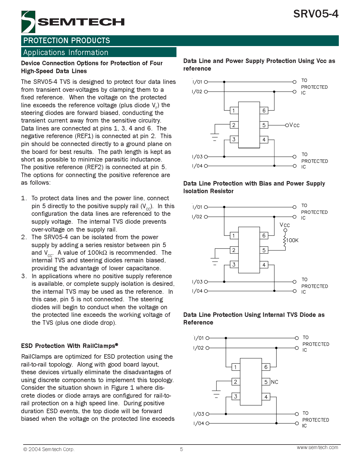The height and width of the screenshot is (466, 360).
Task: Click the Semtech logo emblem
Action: pyautogui.click(x=28, y=22)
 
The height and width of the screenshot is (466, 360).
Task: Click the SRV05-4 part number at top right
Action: pyautogui.click(x=316, y=14)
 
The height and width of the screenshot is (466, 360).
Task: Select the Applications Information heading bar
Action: pyautogui.click(x=99, y=53)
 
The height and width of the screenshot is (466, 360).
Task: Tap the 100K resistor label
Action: pyautogui.click(x=292, y=240)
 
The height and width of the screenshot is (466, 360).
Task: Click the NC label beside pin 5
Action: pyautogui.click(x=274, y=382)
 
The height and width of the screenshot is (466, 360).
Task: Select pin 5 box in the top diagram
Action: pyautogui.click(x=264, y=125)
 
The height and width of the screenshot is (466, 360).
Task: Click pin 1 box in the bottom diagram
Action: pyautogui.click(x=235, y=367)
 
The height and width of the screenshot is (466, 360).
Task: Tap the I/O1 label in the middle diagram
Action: pyautogui.click(x=197, y=207)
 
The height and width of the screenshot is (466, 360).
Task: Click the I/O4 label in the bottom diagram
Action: pyautogui.click(x=199, y=423)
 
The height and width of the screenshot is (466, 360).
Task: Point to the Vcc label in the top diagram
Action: pyautogui.click(x=294, y=125)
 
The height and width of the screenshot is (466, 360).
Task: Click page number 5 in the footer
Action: pyautogui.click(x=182, y=449)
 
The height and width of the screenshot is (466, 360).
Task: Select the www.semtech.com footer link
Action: pyautogui.click(x=317, y=447)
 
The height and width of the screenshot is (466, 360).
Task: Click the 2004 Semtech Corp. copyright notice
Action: pyautogui.click(x=49, y=449)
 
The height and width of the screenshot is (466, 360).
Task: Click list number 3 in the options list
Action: pyautogui.click(x=24, y=276)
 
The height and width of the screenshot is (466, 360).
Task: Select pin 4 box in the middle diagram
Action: pyautogui.click(x=264, y=265)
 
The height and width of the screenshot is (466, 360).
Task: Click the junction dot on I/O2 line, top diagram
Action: pyautogui.click(x=274, y=92)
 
